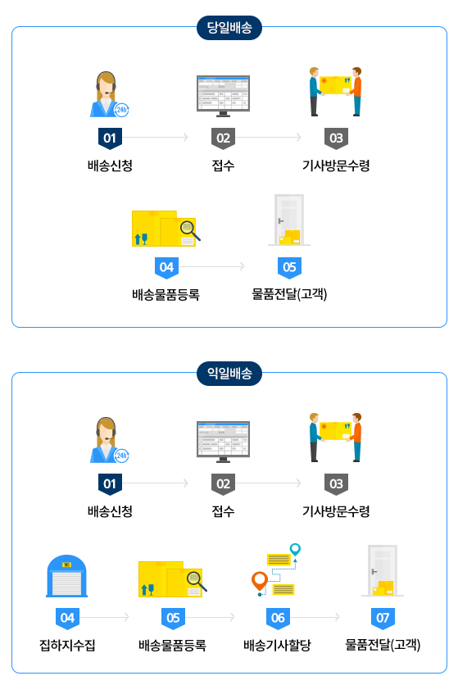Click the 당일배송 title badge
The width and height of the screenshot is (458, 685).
pyautogui.click(x=229, y=28)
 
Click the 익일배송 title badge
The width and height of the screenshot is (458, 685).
pyautogui.click(x=229, y=374)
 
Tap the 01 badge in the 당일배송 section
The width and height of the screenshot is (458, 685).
pyautogui.click(x=110, y=138)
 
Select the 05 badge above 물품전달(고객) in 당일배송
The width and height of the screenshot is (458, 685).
pyautogui.click(x=289, y=267)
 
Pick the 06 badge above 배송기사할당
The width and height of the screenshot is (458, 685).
pyautogui.click(x=278, y=618)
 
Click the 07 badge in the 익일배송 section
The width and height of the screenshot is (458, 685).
pyautogui.click(x=383, y=618)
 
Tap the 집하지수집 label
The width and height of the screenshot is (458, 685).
pyautogui.click(x=67, y=645)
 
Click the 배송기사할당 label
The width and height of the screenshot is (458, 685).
pyautogui.click(x=277, y=645)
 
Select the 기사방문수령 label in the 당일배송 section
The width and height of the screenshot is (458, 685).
pyautogui.click(x=336, y=166)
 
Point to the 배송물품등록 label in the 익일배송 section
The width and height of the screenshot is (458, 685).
pyautogui.click(x=172, y=645)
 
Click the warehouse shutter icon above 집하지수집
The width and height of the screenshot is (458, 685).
pyautogui.click(x=67, y=576)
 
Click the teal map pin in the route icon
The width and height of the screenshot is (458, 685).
pyautogui.click(x=296, y=549)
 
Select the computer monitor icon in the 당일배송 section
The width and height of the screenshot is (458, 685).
pyautogui.click(x=223, y=96)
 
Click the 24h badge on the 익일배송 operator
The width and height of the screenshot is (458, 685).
pyautogui.click(x=121, y=456)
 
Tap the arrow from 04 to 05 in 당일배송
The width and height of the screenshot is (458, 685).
pyautogui.click(x=211, y=266)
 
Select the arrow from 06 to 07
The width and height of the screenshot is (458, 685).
pyautogui.click(x=315, y=617)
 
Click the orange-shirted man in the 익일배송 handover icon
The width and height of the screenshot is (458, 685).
pyautogui.click(x=356, y=437)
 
